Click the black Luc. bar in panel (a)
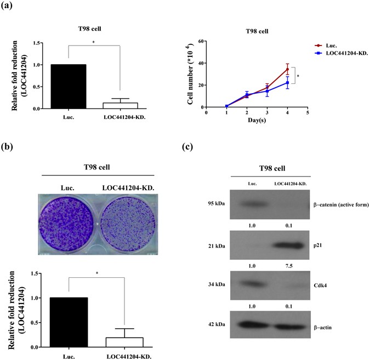pyautogui.click(x=69, y=87)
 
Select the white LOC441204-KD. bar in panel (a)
pyautogui.click(x=119, y=105)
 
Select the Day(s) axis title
pyautogui.click(x=257, y=119)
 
